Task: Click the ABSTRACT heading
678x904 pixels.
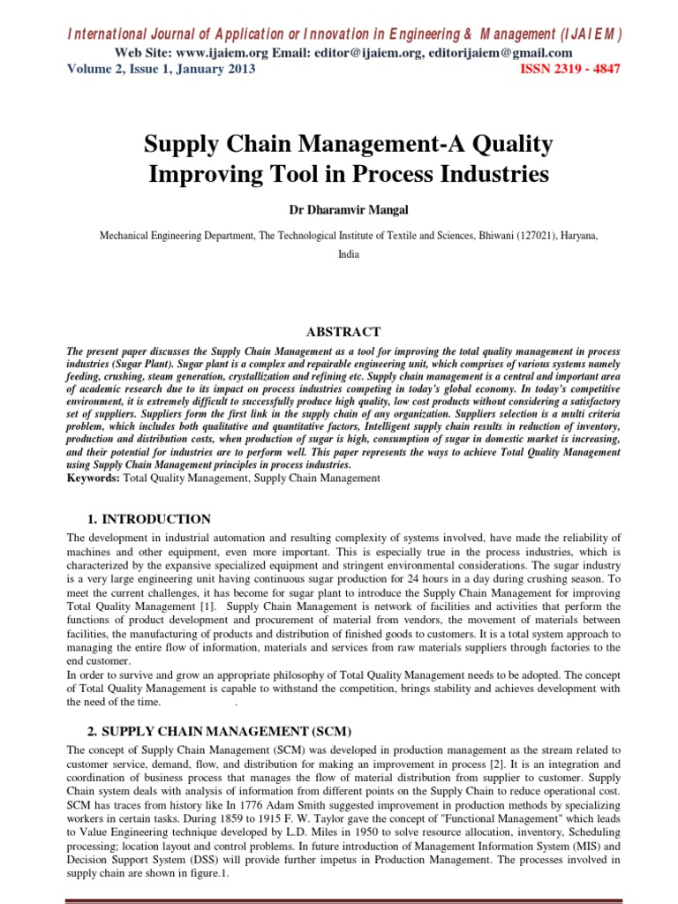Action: (343, 332)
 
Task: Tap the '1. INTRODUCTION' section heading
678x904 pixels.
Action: (149, 519)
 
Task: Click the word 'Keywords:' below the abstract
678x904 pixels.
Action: (95, 478)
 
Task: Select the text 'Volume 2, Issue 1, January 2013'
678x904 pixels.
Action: (161, 70)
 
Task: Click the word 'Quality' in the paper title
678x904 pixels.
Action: (497, 143)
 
